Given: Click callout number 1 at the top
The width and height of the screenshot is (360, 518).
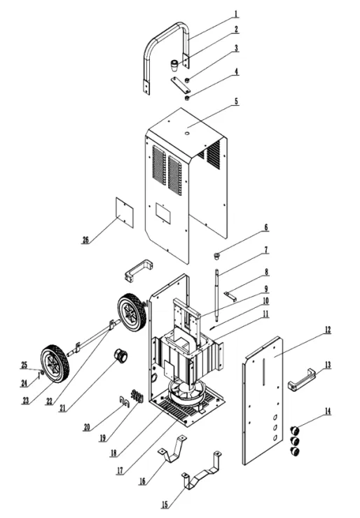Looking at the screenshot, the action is point(236,14).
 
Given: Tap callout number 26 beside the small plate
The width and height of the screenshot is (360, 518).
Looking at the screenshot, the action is point(85,240).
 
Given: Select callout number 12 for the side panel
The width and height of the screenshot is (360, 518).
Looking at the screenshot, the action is point(327,330).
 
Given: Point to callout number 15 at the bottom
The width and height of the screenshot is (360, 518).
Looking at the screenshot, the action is point(165,505).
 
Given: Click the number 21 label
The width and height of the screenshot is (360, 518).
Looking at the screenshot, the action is point(63,409).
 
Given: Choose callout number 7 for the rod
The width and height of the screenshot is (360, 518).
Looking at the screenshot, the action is point(266,250).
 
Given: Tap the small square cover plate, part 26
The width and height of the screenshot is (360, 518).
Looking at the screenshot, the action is point(124,212).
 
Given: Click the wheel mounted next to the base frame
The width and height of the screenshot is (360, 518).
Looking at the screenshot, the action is point(132,311).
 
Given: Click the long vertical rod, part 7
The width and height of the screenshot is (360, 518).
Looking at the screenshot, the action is point(217,295).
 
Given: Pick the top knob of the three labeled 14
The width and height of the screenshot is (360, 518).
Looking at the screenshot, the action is point(294,430).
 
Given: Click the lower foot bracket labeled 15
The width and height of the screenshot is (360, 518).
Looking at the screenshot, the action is point(202,474).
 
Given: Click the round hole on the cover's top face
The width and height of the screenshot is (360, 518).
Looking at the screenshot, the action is point(187,133).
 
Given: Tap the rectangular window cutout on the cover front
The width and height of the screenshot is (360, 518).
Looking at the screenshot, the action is point(163,212).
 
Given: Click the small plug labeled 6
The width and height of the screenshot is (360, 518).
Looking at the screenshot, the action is point(216,255).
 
